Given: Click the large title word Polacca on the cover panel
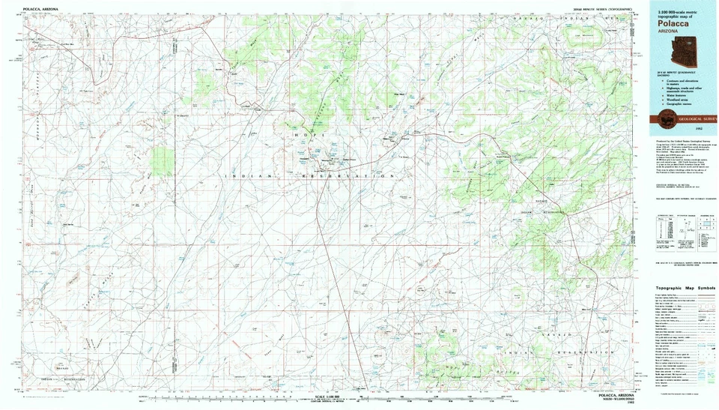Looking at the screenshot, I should [671, 23].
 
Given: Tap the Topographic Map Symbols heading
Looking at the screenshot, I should [685, 289].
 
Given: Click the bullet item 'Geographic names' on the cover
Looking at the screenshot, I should [678, 103].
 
